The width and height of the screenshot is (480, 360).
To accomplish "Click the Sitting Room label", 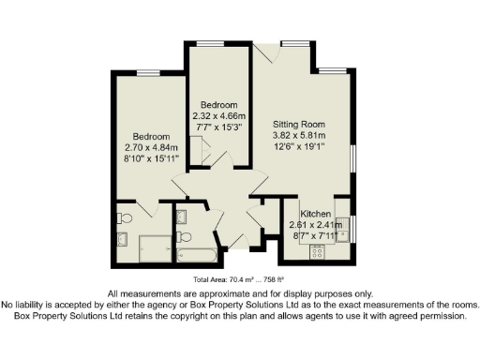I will click(298, 124).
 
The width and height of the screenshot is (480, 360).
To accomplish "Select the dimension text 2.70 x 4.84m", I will click(151, 147).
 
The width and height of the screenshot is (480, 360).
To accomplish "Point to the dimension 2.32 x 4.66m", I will click(217, 115).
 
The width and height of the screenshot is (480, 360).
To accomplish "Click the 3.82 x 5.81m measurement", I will click(298, 135).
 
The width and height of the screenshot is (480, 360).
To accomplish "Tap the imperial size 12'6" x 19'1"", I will click(298, 146).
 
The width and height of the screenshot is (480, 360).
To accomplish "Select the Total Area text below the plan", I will click(239, 278).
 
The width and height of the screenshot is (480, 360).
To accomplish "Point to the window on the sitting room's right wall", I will click(354, 158).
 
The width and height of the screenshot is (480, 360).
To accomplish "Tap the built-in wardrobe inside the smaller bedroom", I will click(198, 149).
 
